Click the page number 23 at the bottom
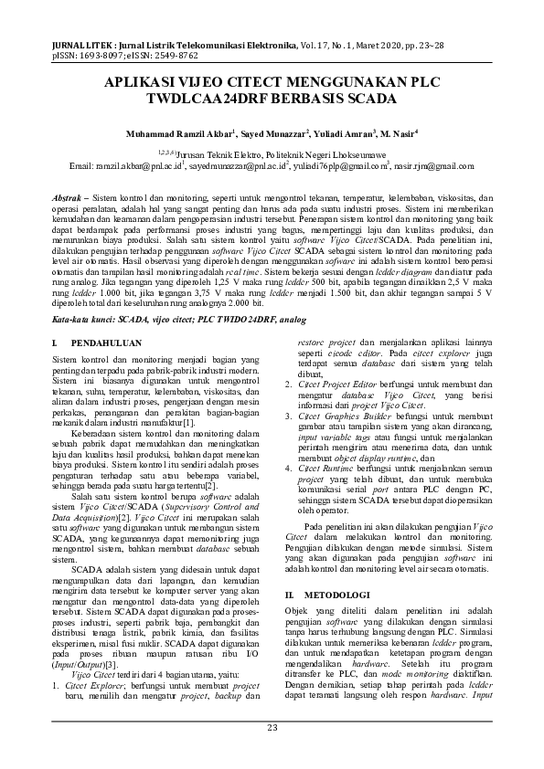click(x=272, y=727)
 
